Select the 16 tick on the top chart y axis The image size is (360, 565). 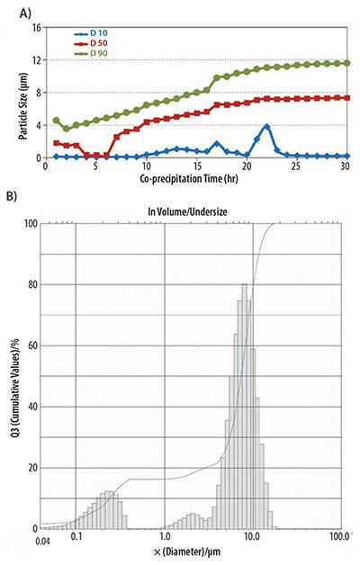coord(37,28)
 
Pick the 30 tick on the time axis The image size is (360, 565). coord(346,166)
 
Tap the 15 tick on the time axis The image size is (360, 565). coord(196,166)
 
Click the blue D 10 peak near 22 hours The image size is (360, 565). coord(266,127)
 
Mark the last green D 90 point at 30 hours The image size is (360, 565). coord(346,63)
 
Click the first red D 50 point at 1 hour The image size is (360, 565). coord(56,143)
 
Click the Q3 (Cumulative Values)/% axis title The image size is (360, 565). coord(12,378)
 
